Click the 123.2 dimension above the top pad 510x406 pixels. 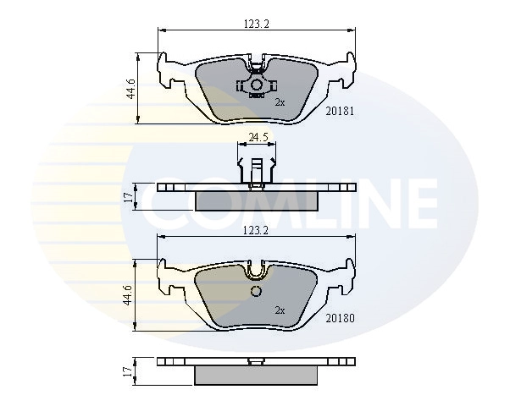coord(256,25)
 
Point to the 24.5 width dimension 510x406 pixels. coord(258,135)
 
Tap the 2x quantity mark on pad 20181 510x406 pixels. coord(280,101)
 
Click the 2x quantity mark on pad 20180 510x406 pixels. coord(280,310)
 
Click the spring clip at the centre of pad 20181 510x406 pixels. coord(256,85)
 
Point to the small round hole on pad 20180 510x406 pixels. coord(256,292)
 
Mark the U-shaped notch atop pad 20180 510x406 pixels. coord(256,270)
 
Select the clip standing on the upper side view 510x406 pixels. coord(256,165)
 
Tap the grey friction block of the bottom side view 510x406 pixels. coord(256,373)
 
